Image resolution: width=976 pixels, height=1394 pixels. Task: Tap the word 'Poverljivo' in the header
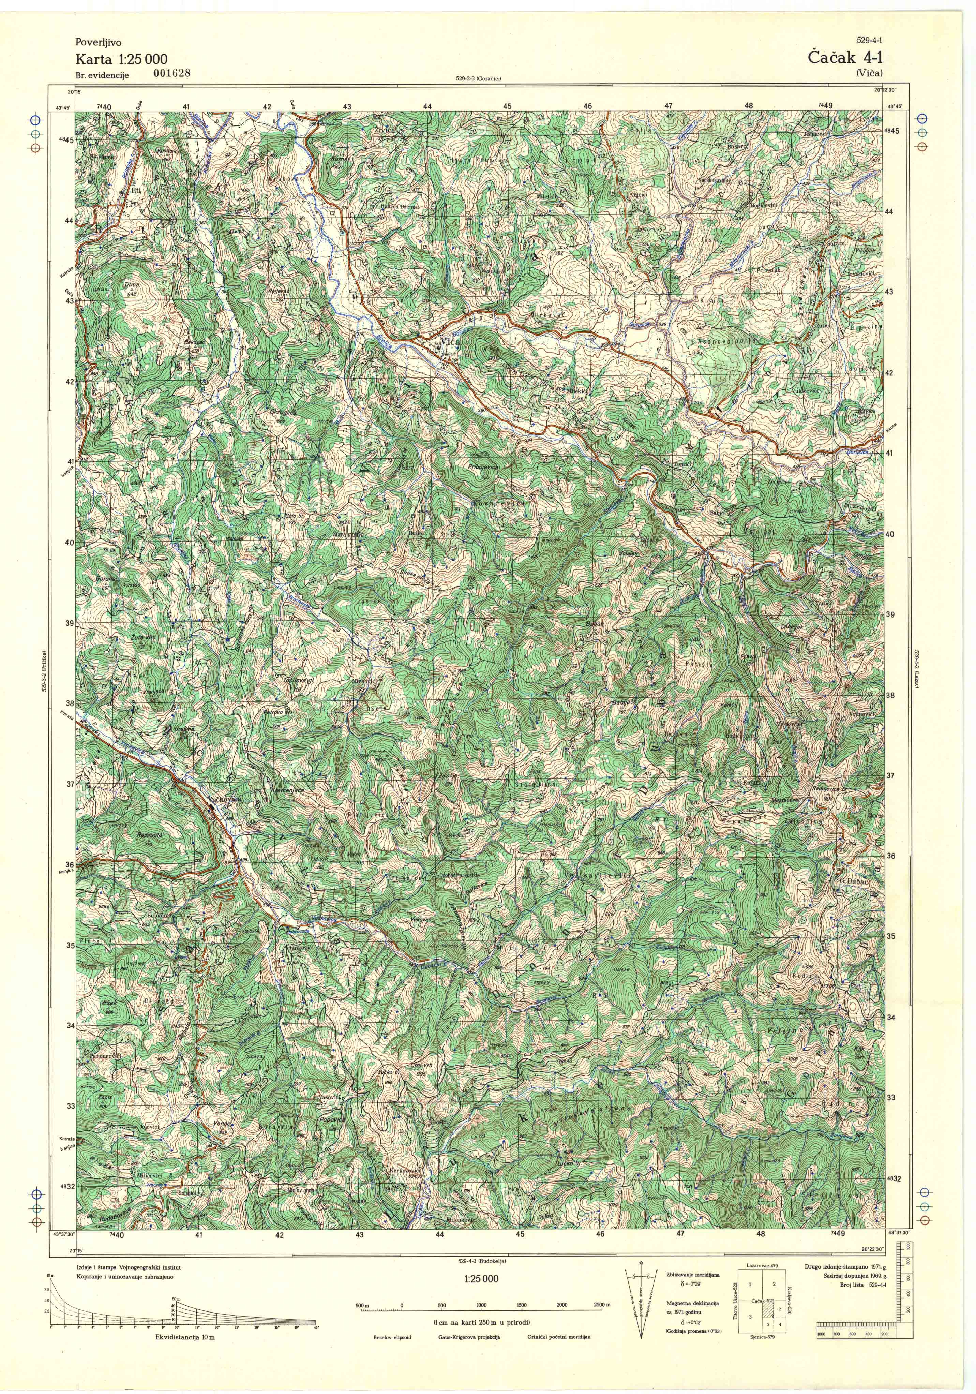tap(98, 43)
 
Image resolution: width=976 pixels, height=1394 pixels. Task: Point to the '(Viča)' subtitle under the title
tap(870, 73)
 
